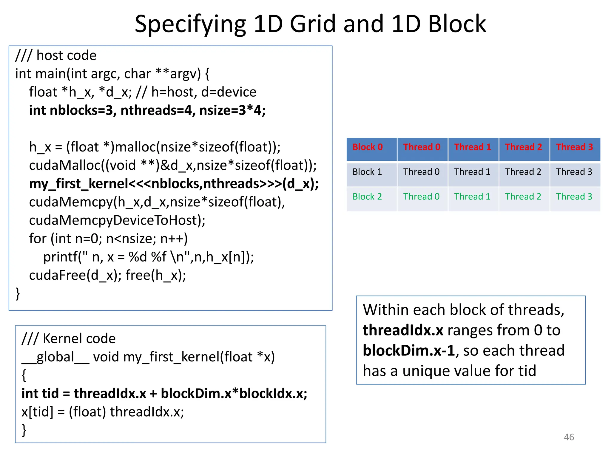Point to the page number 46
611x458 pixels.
(569, 437)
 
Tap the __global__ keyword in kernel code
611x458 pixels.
(55, 357)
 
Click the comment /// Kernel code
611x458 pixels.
(69, 338)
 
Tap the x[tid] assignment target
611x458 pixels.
(37, 412)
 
